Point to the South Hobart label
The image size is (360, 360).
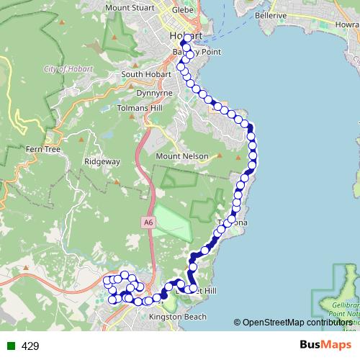144,74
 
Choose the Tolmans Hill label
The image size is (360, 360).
141,108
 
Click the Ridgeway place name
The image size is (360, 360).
102,162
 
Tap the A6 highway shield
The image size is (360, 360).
148,223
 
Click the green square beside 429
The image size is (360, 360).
10,346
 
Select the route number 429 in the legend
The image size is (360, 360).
30,346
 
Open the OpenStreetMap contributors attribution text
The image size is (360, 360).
297,323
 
